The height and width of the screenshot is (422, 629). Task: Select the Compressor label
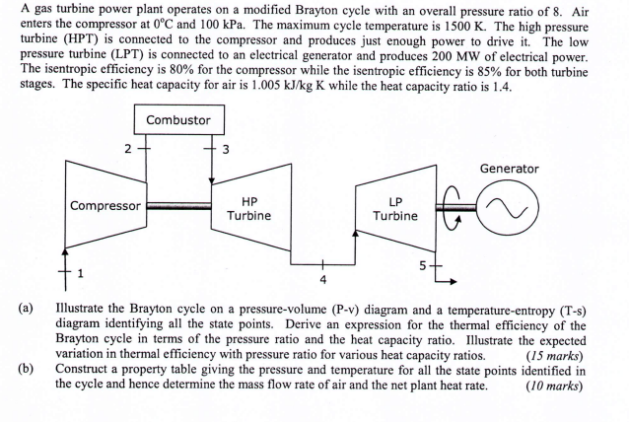(x=105, y=206)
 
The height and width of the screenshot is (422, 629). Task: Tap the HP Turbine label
(x=248, y=207)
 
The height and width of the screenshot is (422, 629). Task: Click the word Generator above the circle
(x=509, y=169)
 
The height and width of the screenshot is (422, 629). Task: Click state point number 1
(x=81, y=272)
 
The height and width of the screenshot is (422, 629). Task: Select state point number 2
(x=126, y=149)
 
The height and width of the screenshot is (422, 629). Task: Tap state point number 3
(x=226, y=149)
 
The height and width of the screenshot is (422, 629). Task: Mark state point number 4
(x=322, y=279)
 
